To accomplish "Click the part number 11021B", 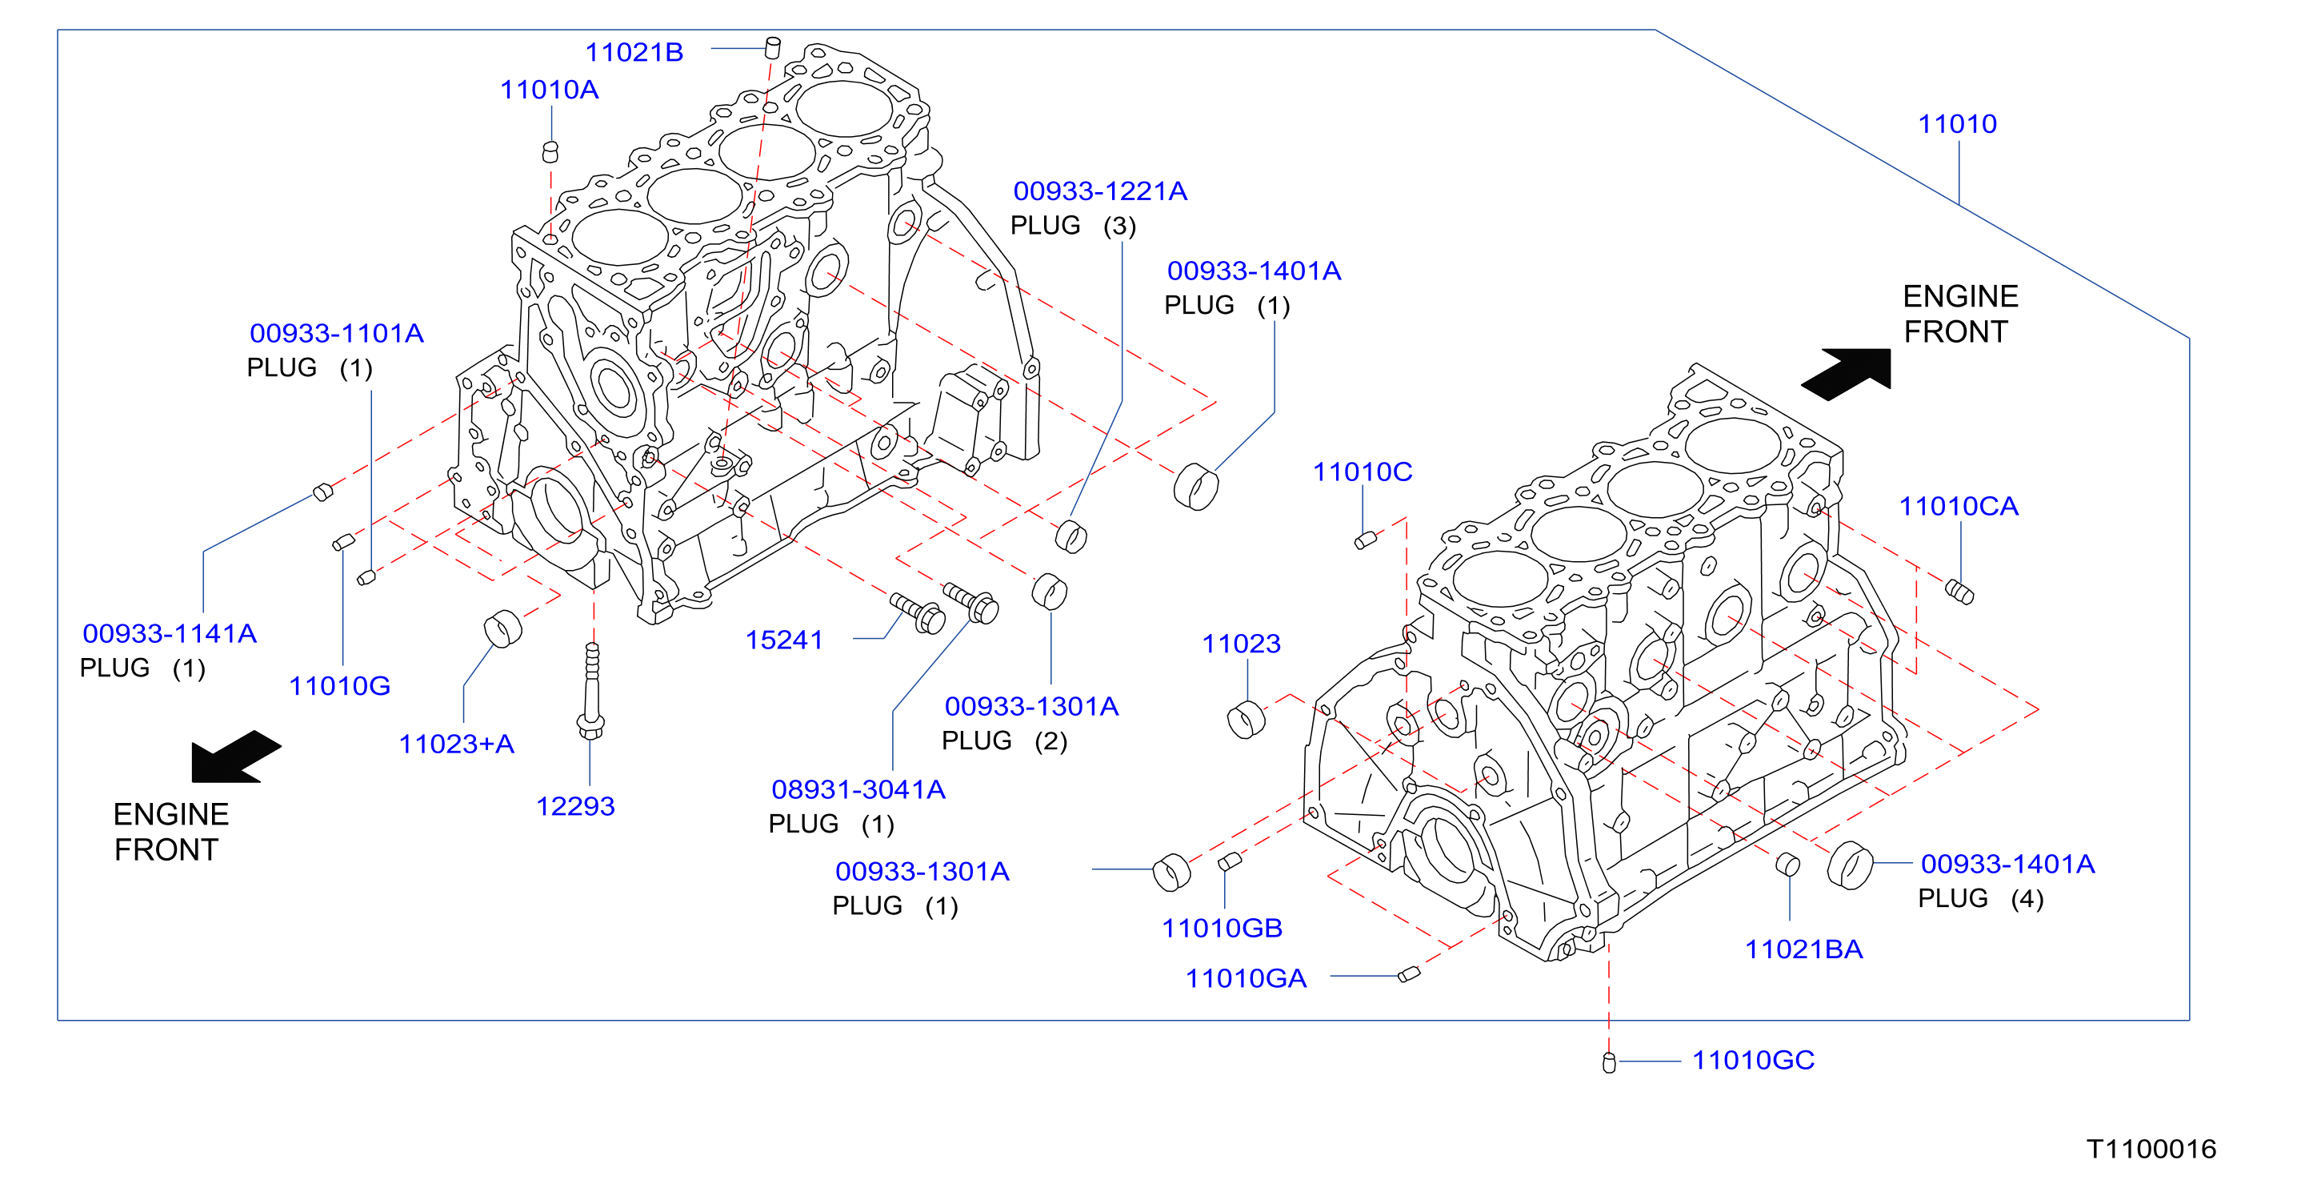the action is [x=634, y=52].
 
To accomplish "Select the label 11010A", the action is [x=549, y=90].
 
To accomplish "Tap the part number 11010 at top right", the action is [x=1957, y=123].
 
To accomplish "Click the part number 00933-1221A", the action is [x=1100, y=191].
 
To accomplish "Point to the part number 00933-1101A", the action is [x=337, y=333].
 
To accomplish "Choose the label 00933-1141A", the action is [x=169, y=633].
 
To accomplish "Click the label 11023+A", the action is [x=456, y=744].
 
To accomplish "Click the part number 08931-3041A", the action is [x=858, y=789].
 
